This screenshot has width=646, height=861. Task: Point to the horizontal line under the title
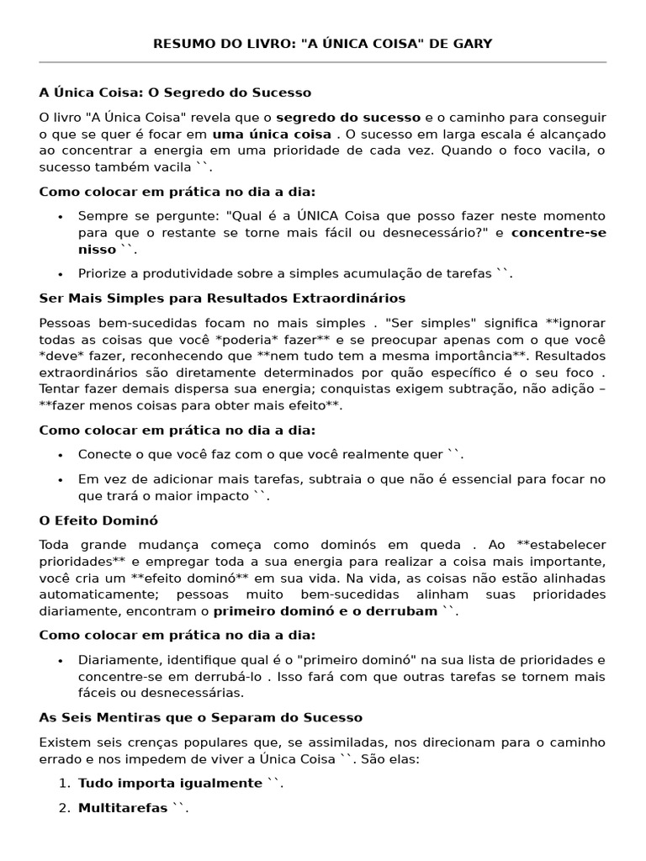coord(323,62)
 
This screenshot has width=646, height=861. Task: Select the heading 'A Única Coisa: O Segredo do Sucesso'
coord(175,92)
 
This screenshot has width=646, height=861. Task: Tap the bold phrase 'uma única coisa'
coord(272,134)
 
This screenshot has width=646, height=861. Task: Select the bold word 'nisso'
coord(97,250)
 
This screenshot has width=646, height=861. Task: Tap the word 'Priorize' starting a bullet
coord(103,273)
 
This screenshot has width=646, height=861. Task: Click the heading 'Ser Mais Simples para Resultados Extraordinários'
coord(222,298)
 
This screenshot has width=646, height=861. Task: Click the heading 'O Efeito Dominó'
coord(98,520)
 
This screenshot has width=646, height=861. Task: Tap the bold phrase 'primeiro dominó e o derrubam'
coord(326,611)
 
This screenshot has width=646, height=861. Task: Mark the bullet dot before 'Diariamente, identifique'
coord(61,661)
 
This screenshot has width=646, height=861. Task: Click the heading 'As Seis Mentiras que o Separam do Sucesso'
coord(201,717)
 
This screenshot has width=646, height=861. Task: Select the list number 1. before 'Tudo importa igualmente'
coord(65,784)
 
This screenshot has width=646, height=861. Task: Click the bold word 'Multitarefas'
coord(123,808)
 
